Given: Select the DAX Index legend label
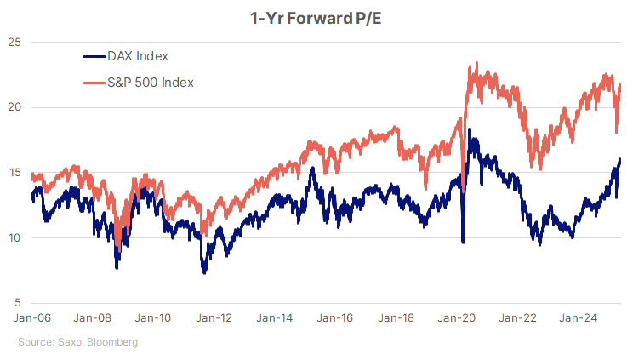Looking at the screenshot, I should pos(137,57).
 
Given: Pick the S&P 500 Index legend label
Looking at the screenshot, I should pos(150,83).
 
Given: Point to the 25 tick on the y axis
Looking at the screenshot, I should pos(14,42).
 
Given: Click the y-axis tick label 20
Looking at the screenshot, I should pos(14,107).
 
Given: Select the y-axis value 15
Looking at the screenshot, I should pos(14,173).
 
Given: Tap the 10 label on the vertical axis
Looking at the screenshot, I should pos(14,237).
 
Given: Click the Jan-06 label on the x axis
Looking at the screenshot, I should pos(31,318).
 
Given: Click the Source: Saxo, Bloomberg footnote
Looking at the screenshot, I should pos(77,342).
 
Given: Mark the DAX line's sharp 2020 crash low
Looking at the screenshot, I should pos(463,243).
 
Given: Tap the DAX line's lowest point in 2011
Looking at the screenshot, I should pos(204,272).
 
